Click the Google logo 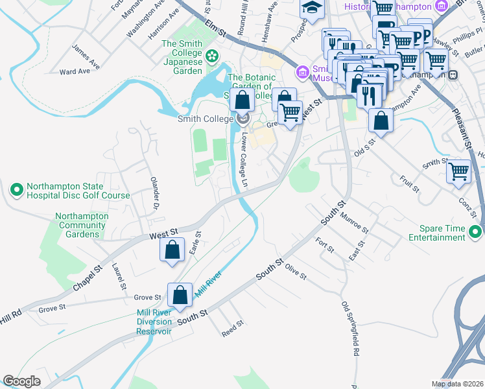[21, 381]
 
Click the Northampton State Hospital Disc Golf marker [17, 190]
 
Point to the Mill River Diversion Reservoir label [154, 322]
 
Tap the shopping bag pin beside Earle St [172, 251]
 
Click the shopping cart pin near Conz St [458, 172]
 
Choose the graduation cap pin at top [312, 8]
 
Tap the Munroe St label [353, 226]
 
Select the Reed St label [231, 328]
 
